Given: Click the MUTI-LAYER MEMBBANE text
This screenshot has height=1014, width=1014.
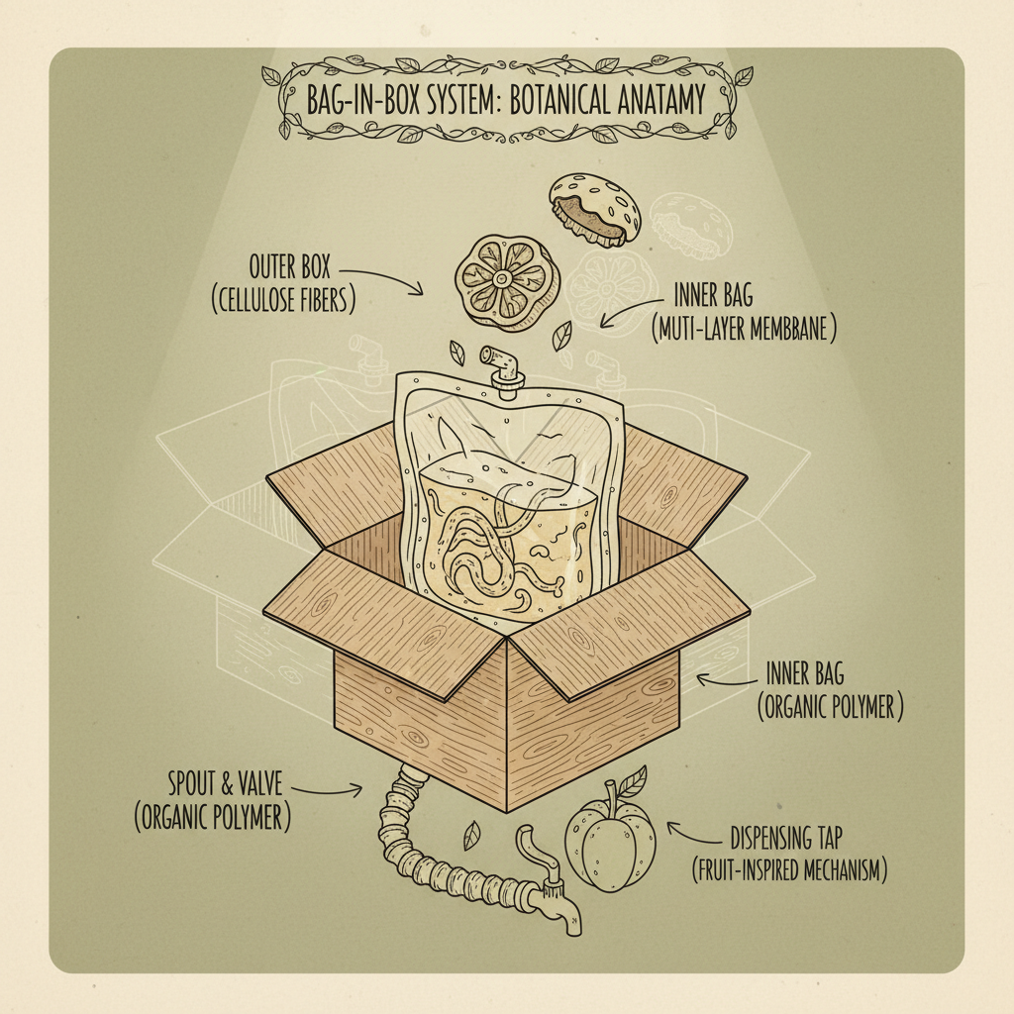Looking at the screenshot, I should coord(744,330).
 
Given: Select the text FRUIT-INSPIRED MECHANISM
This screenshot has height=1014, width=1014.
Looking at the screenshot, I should coord(788,871).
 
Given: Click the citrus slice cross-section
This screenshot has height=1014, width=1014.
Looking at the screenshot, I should coord(501,281).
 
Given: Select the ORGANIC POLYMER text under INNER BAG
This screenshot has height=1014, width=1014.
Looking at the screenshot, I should coord(830,709).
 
